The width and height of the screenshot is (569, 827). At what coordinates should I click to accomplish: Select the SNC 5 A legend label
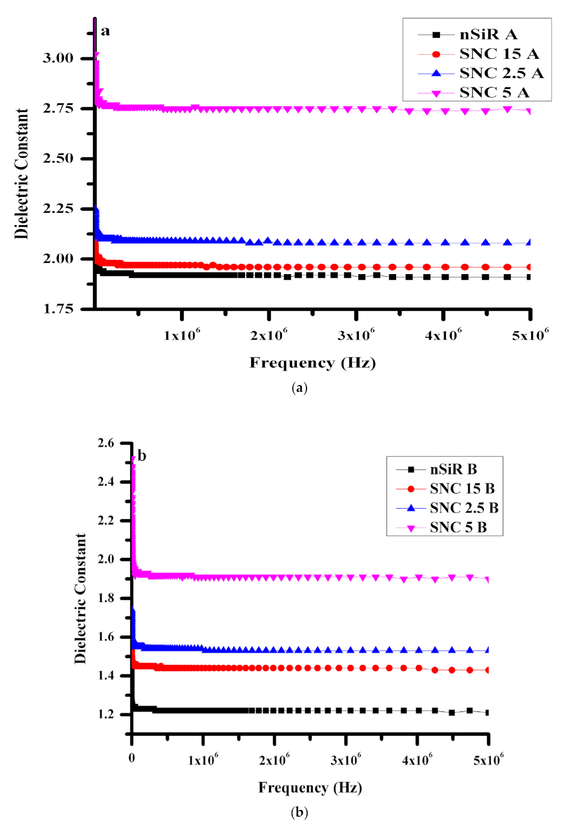tap(494, 93)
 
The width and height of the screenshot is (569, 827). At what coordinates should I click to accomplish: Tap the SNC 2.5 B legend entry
tap(464, 508)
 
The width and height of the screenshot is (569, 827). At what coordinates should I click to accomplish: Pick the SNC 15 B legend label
tap(462, 488)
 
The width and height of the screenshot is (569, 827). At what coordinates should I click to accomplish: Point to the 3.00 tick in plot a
tap(58, 58)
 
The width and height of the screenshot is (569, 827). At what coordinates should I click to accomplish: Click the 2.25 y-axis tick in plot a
tap(58, 208)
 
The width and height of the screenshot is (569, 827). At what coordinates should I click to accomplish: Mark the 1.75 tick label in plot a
tap(58, 308)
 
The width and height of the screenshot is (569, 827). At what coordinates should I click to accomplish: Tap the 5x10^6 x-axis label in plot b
tap(488, 759)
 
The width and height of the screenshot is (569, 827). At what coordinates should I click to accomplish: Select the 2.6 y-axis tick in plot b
tap(106, 443)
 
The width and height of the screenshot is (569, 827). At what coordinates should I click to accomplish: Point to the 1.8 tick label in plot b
tap(106, 598)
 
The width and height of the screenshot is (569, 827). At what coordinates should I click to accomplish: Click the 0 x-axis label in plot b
tap(132, 758)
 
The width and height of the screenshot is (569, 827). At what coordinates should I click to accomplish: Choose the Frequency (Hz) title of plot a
tap(312, 363)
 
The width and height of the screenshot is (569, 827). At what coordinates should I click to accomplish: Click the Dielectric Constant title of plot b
tap(80, 598)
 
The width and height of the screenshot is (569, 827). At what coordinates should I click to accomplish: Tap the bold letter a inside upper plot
tap(105, 31)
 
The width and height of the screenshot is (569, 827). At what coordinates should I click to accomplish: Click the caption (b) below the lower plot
tap(299, 812)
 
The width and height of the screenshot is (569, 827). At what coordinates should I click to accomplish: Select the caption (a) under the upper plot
tap(299, 387)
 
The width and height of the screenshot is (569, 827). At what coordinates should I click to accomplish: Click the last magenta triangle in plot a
tap(530, 111)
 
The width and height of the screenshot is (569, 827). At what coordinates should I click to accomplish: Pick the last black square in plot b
tap(488, 712)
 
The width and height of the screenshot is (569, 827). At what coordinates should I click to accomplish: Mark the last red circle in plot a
tap(530, 267)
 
